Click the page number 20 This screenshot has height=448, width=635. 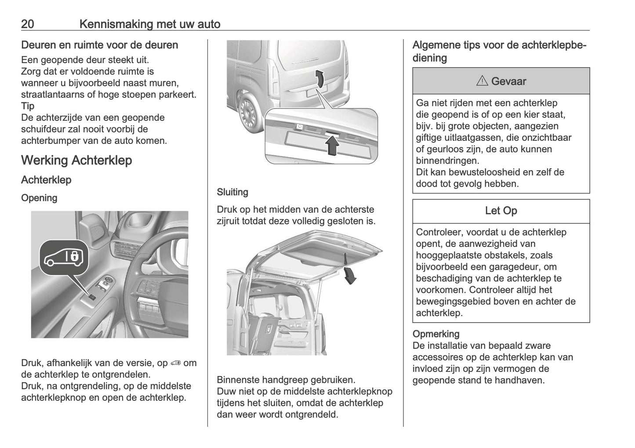27,24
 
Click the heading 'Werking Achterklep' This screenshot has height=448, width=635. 76,160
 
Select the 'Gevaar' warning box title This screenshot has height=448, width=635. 501,81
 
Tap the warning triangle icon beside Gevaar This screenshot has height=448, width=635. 482,81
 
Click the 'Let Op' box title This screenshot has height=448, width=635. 501,211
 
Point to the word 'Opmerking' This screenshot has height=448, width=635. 435,334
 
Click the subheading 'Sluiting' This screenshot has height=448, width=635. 232,192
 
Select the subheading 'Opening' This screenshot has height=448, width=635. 39,198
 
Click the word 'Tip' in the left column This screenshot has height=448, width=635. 28,106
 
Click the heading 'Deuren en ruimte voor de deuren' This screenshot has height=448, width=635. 100,45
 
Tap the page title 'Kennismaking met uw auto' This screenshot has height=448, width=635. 150,24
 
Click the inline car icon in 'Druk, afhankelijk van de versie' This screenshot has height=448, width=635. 175,363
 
